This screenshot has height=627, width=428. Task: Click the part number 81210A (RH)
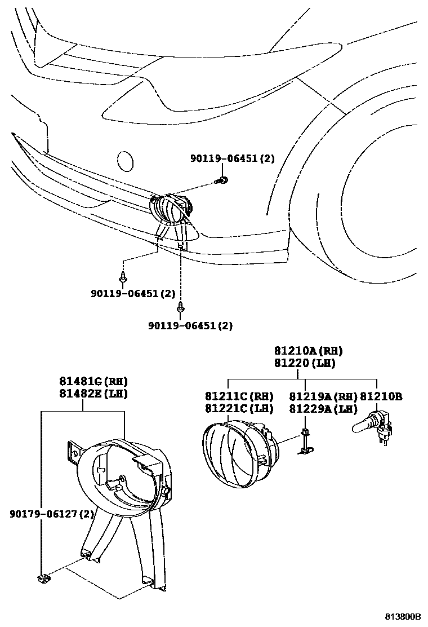coord(308,351)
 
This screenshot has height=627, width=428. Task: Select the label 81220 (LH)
coord(305,364)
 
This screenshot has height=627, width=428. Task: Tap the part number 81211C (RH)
coord(239,396)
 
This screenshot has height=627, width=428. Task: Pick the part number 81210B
coord(381,396)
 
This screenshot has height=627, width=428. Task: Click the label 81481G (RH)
coord(93,381)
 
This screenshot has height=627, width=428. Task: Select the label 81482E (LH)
coord(93,394)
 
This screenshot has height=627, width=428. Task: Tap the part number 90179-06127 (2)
coord(51,514)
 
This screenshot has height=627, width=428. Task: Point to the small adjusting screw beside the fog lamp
coord(306,440)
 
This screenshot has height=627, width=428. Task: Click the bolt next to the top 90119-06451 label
coord(224,180)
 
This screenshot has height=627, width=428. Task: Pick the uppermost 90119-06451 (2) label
coord(231,159)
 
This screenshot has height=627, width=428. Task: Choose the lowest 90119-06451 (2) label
coord(190,325)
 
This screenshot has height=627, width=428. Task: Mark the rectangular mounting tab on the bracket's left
coord(73,453)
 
